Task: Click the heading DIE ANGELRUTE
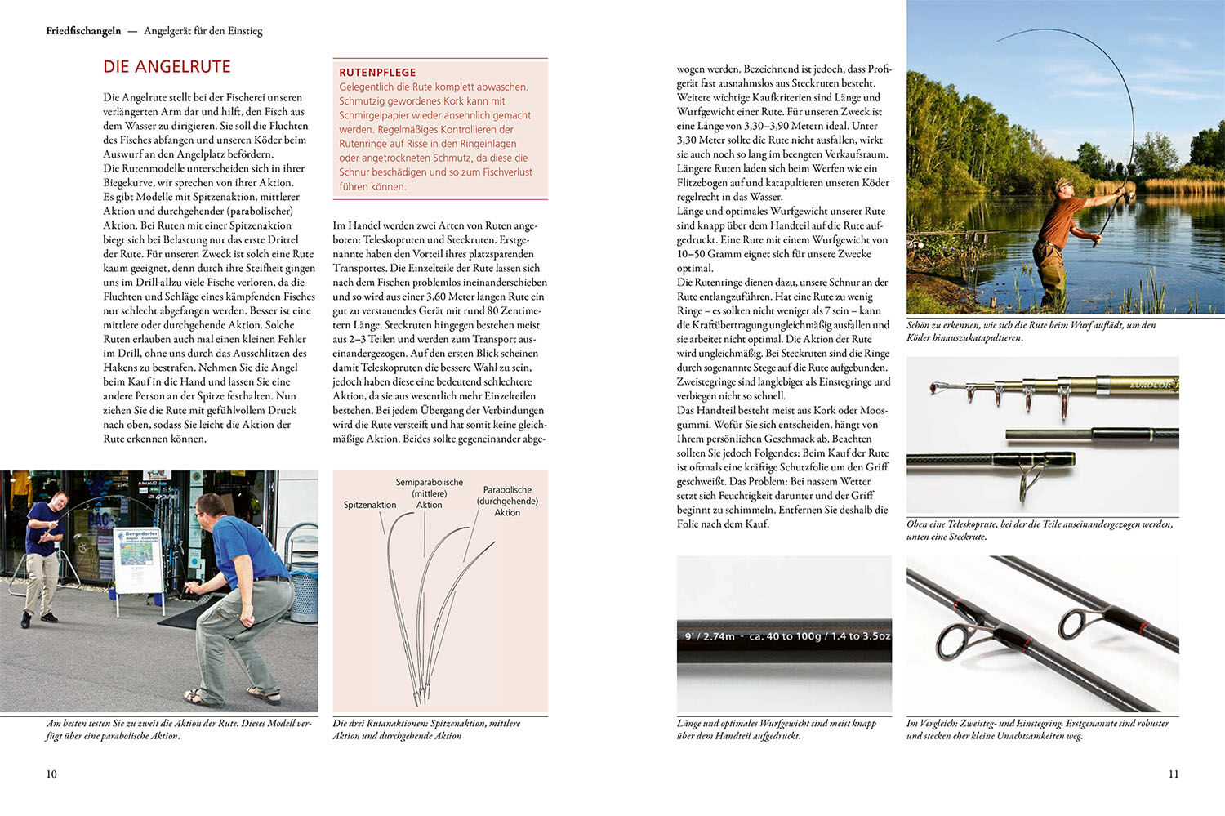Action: pos(167,67)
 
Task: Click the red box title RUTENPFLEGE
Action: pos(377,72)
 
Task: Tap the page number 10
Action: pos(51,774)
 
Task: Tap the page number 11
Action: pos(1173,774)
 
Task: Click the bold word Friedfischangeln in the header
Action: pos(83,31)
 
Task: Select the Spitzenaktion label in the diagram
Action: pos(369,505)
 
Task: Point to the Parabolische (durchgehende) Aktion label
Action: pos(507,501)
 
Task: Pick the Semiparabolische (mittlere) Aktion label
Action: pos(430,493)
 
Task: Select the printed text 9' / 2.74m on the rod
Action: pos(709,636)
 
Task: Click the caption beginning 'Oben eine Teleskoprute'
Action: pos(1039,530)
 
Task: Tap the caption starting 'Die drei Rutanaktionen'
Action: pos(426,729)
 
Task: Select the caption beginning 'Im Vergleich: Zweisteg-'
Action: pos(1037,729)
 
